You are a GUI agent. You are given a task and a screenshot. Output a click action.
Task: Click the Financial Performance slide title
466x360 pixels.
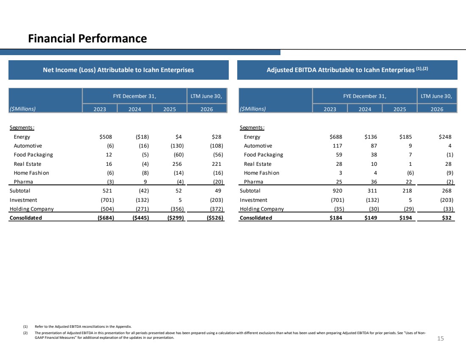[87, 39]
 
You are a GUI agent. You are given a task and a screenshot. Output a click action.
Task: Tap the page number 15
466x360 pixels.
[441, 338]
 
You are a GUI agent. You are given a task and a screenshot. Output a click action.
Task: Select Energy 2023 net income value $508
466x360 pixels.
[106, 137]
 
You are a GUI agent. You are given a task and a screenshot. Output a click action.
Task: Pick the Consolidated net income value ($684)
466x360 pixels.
[106, 218]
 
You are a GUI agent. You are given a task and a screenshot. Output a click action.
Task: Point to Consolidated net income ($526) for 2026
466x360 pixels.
[215, 218]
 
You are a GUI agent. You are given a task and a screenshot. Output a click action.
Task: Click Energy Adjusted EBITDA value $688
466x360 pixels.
[336, 137]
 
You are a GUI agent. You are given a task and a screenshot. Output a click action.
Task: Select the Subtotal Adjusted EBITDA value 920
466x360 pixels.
[337, 191]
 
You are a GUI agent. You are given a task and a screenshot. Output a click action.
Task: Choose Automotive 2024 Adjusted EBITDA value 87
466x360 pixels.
[374, 146]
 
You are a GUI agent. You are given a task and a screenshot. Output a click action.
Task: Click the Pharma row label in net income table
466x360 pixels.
[23, 182]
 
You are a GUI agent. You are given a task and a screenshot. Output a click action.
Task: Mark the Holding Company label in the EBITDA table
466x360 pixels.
[262, 209]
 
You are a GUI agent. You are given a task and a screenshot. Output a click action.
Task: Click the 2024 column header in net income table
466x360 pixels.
[135, 109]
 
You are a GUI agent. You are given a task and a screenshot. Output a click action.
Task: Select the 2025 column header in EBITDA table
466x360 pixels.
[400, 109]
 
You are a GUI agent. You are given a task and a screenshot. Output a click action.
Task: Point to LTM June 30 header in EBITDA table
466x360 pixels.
[436, 96]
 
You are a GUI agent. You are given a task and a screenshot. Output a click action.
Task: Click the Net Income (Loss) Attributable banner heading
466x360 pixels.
[118, 70]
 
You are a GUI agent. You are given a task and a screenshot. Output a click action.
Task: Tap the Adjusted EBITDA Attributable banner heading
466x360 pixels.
[347, 70]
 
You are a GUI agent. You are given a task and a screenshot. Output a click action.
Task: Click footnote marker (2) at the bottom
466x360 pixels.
[25, 333]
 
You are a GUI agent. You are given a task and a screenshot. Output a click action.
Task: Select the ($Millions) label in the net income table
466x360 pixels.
[22, 109]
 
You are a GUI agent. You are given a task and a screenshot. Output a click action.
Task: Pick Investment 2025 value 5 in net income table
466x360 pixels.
[180, 200]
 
